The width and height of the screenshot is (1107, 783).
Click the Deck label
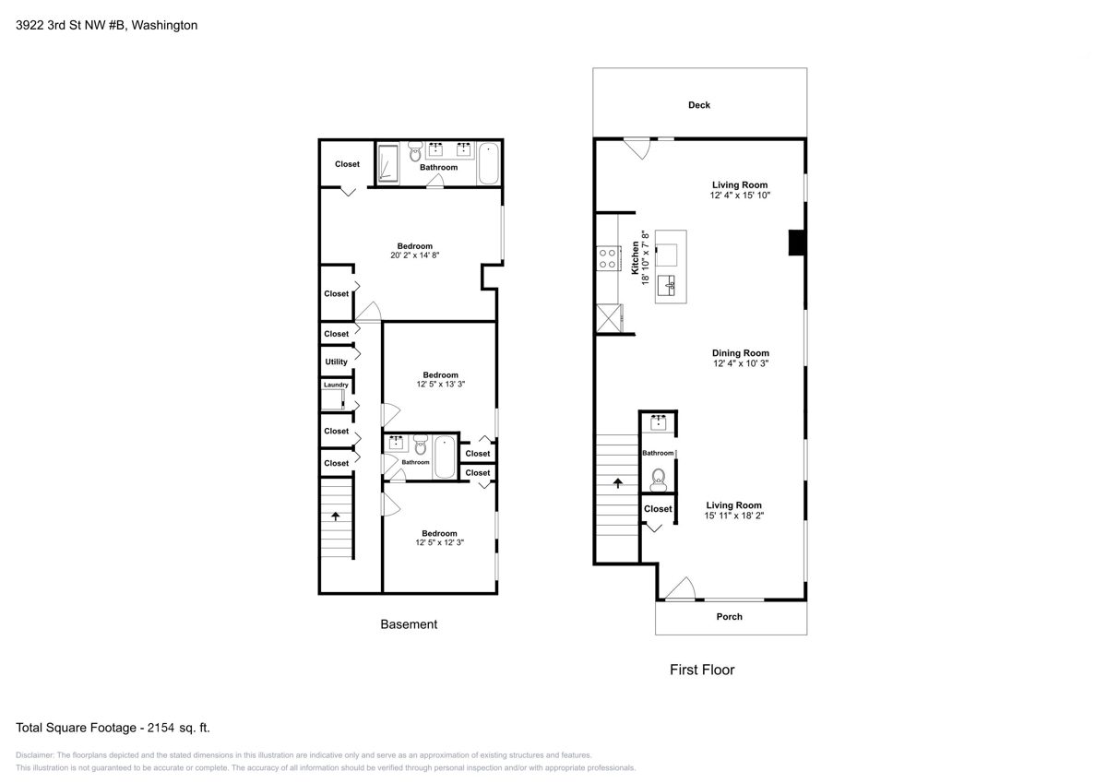(699, 105)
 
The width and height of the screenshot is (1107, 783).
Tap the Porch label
(729, 616)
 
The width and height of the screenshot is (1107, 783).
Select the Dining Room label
(740, 353)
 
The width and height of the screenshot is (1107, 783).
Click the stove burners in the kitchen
(608, 258)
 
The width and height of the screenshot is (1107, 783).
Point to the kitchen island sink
(666, 286)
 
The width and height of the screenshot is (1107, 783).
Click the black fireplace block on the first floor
(797, 243)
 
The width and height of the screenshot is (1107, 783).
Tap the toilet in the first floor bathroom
(658, 480)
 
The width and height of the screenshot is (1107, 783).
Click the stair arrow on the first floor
(618, 482)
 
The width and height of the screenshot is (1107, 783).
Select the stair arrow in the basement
(336, 516)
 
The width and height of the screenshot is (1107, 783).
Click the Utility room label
(336, 362)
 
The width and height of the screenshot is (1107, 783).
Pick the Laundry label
(336, 385)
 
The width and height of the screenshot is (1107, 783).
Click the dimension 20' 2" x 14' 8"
(414, 255)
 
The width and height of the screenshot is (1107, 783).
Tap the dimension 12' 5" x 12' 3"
(439, 542)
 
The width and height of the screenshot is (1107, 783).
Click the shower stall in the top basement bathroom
(388, 163)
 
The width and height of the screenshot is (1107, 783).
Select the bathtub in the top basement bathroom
(489, 163)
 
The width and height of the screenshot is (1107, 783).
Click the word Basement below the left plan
(409, 624)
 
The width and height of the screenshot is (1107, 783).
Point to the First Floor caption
(702, 670)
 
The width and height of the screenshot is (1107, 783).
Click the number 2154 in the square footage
(161, 728)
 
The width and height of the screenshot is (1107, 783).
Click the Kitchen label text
(635, 258)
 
